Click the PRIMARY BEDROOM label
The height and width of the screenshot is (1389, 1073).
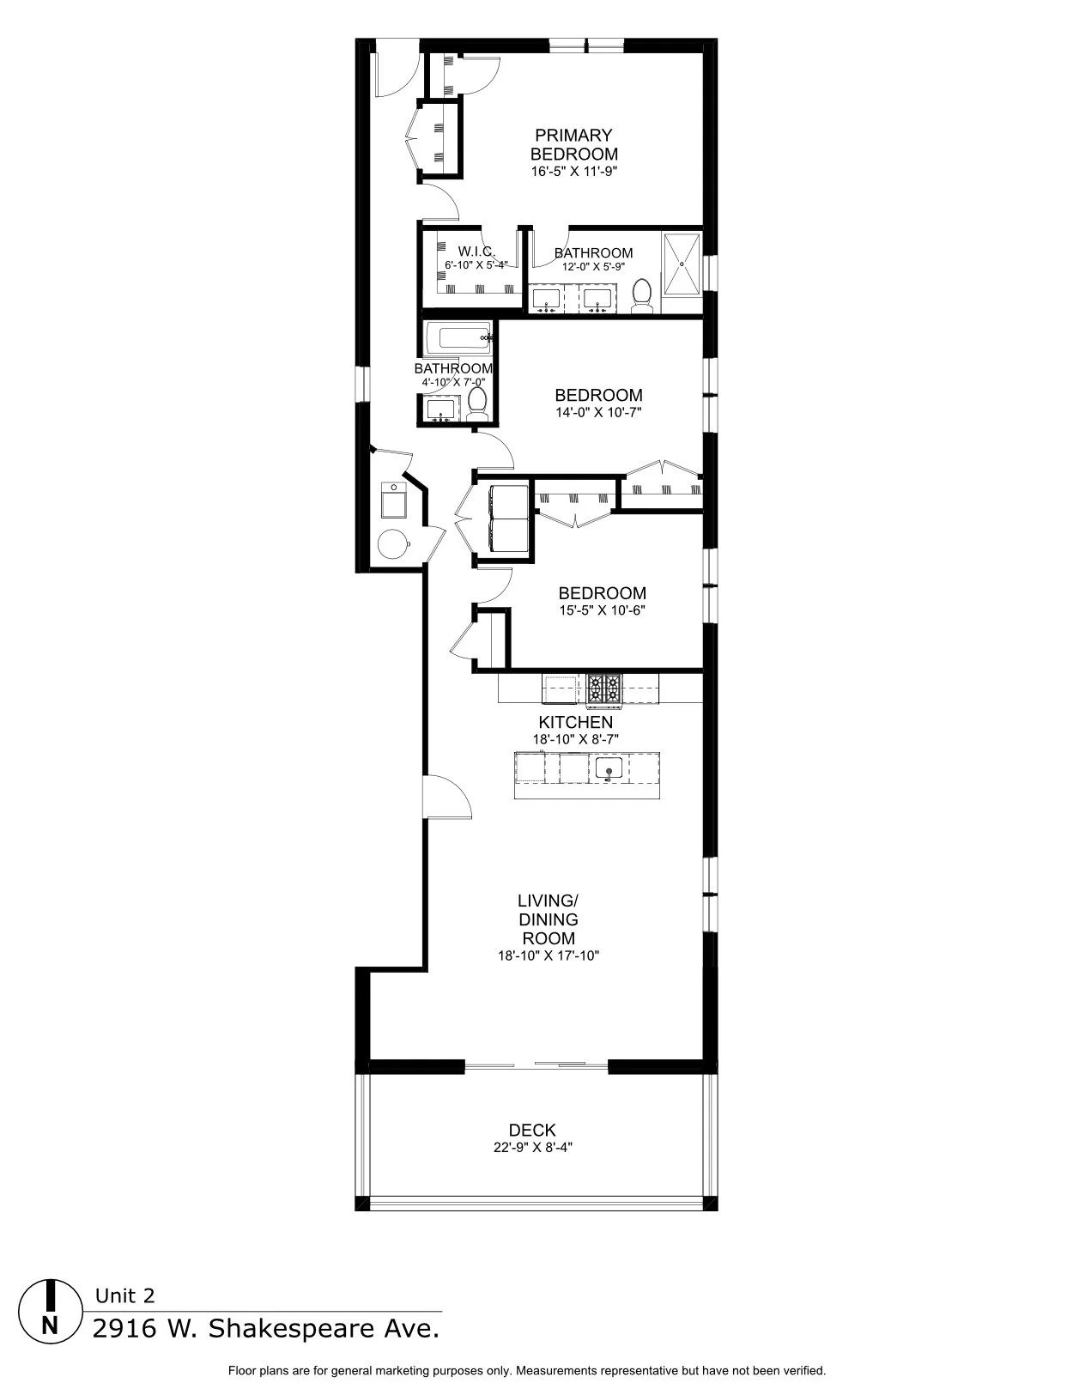(573, 144)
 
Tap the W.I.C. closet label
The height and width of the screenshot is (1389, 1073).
(476, 252)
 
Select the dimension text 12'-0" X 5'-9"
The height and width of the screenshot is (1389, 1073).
(593, 267)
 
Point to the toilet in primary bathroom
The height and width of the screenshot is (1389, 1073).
(641, 296)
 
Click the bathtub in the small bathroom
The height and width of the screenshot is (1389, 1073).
(459, 337)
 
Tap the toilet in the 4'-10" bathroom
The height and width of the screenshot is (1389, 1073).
(478, 403)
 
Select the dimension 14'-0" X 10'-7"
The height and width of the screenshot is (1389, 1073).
(598, 412)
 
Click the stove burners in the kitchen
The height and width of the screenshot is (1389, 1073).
(604, 688)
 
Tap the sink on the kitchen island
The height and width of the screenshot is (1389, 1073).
(609, 769)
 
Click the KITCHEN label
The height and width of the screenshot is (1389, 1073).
(575, 722)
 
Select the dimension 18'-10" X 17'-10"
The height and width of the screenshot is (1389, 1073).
(548, 955)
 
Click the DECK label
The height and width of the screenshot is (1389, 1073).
(532, 1131)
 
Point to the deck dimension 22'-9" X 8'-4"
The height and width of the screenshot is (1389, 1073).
(532, 1147)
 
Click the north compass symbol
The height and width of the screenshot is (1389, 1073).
(51, 1309)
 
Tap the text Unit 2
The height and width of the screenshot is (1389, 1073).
(124, 1296)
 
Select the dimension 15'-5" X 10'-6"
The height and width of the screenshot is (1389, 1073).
(602, 610)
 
